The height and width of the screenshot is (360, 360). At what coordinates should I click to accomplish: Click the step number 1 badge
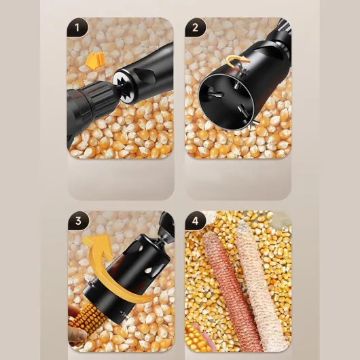coord(77,28)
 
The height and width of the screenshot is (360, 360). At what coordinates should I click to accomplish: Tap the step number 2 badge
coord(195,28)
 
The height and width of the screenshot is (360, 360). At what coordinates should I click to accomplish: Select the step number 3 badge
coord(78,221)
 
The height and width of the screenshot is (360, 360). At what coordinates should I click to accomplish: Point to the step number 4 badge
coord(195,221)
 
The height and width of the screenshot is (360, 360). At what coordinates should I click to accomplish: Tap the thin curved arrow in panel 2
coord(237,59)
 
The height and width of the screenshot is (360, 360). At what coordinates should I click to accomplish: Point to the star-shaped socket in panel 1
coord(124,86)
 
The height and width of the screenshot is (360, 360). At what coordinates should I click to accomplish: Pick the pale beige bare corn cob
coord(261,283)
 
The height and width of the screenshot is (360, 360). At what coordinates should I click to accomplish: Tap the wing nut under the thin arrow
coord(244,69)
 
